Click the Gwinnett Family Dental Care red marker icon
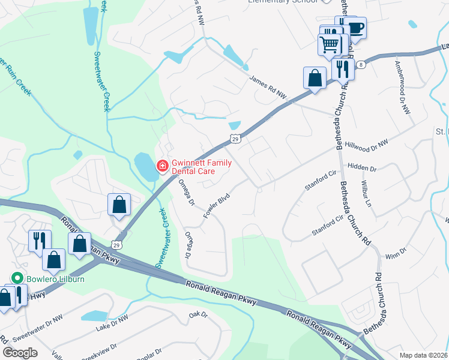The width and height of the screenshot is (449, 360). point(162,166)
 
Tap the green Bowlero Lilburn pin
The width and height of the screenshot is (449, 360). point(17,278)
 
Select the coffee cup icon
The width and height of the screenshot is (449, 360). point(355,28)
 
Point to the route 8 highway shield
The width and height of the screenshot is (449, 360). point(360,64)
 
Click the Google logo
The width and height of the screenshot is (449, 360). point(20,352)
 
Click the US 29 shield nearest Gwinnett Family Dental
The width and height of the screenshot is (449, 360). point(236,139)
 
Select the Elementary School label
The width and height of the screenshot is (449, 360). point(283,2)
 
